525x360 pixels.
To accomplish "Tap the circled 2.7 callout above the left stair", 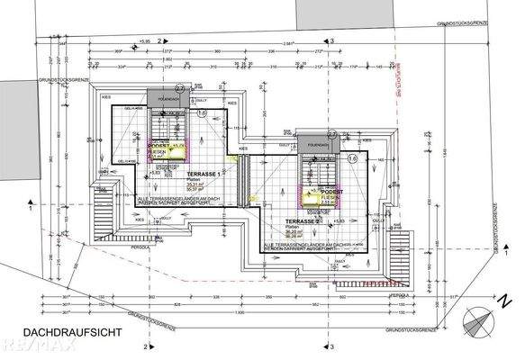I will (x=179, y=88).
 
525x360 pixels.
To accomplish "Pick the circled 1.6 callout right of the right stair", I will (x=352, y=157).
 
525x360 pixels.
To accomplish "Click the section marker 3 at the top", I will (x=331, y=40).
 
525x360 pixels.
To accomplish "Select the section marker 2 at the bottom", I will (x=145, y=345).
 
